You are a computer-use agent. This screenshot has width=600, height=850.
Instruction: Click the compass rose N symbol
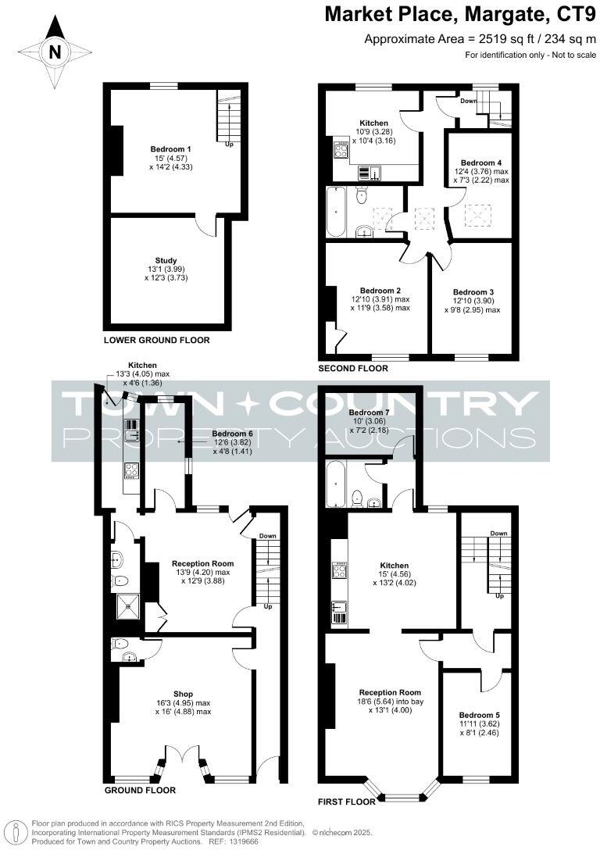pos(54,52)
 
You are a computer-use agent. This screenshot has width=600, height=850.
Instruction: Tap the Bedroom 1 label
pos(171,148)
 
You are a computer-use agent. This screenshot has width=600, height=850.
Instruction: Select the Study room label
pos(166,261)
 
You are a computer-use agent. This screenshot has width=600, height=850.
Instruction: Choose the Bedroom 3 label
pos(473,292)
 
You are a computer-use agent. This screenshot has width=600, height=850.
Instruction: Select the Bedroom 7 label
pos(369,412)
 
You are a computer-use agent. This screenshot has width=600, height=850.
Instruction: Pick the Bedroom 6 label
pos(233,434)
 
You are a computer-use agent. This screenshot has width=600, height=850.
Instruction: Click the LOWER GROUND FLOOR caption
pos(156,341)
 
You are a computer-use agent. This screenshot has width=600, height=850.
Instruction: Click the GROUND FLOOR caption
pos(139,791)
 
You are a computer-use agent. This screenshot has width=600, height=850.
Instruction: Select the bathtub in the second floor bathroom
pos(335,212)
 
